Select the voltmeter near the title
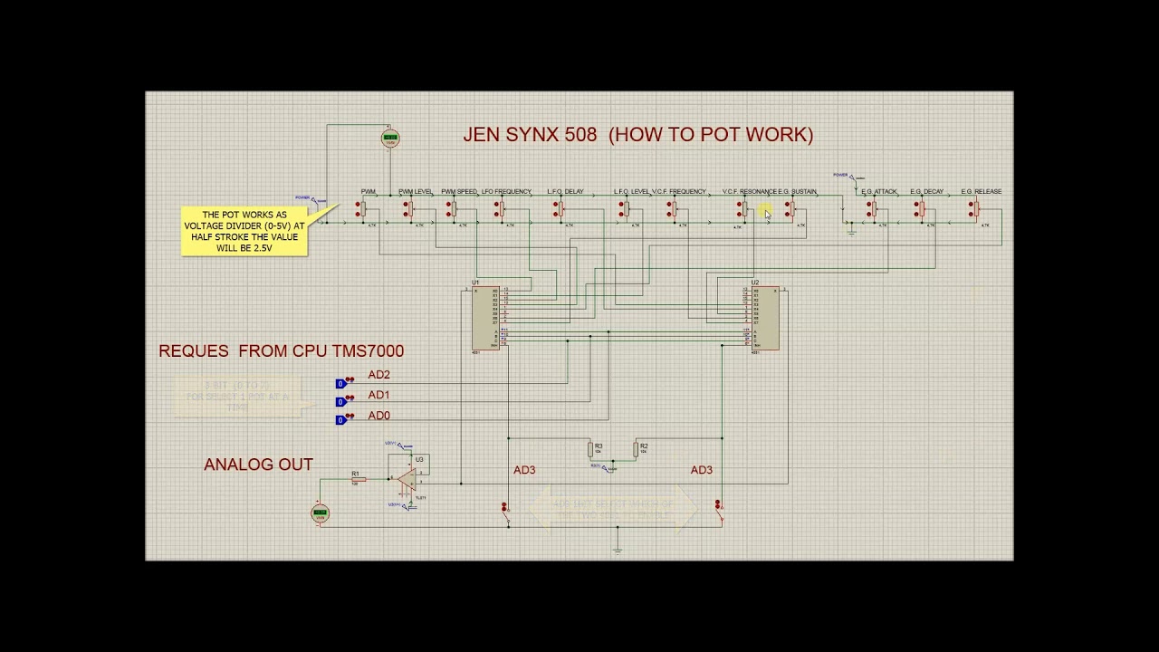pyautogui.click(x=390, y=139)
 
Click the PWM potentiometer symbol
pyautogui.click(x=360, y=209)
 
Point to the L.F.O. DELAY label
pyautogui.click(x=565, y=192)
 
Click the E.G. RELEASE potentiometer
pyautogui.click(x=975, y=209)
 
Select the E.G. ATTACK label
pyautogui.click(x=879, y=192)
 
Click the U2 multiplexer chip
pyautogui.click(x=763, y=318)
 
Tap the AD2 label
pyautogui.click(x=378, y=375)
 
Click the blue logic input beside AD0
pyautogui.click(x=340, y=420)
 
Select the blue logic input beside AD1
pyautogui.click(x=340, y=402)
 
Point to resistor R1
pyautogui.click(x=358, y=479)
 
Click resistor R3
pyautogui.click(x=589, y=449)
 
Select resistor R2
pyautogui.click(x=636, y=449)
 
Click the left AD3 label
pyautogui.click(x=524, y=470)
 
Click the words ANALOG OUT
pyautogui.click(x=258, y=465)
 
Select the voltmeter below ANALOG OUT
pyautogui.click(x=319, y=513)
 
